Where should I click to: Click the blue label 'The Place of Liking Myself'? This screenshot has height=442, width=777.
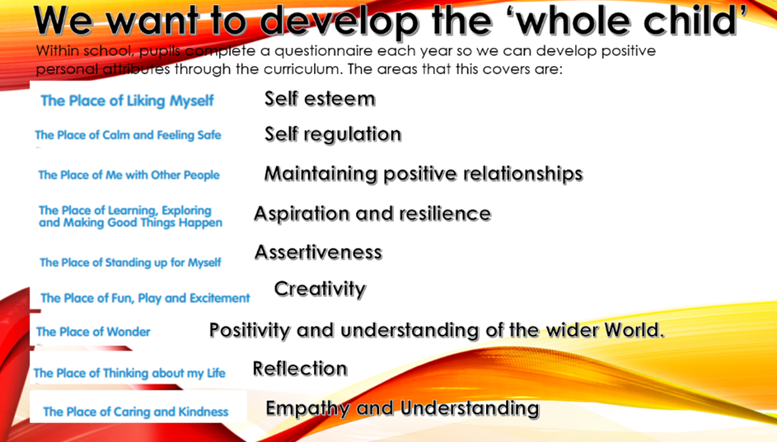(x=127, y=101)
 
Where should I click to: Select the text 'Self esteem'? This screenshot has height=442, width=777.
(x=320, y=99)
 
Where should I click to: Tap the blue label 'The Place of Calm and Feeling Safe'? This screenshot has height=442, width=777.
(x=128, y=135)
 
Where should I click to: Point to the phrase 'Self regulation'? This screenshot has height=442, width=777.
(x=333, y=134)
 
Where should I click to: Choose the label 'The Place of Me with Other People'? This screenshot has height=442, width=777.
(x=129, y=175)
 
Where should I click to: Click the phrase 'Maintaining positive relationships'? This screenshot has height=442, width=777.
(x=424, y=174)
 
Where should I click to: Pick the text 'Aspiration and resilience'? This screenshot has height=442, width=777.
(x=372, y=214)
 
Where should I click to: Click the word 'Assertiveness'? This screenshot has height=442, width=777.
(x=318, y=252)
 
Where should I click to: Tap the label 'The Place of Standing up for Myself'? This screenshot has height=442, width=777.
(x=130, y=262)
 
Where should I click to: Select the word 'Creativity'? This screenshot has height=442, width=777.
(x=320, y=289)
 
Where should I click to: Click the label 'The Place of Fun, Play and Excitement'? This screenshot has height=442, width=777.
(x=145, y=299)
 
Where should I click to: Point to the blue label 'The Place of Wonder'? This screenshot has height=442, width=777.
(x=93, y=331)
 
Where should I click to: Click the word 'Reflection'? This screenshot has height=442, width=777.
(x=300, y=369)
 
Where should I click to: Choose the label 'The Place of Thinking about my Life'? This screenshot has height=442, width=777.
(x=129, y=373)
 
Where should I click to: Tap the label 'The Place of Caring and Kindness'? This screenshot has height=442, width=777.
(x=136, y=411)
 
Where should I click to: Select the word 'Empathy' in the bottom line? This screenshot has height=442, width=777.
(x=307, y=409)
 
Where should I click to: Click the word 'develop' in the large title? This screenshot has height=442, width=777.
(x=339, y=21)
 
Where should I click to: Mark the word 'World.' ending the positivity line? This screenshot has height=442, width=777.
(x=630, y=330)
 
